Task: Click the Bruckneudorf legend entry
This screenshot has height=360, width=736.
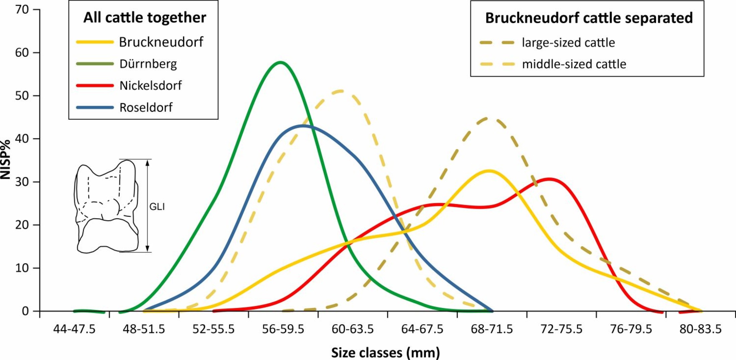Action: [161, 42]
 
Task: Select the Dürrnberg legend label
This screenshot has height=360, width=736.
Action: [148, 64]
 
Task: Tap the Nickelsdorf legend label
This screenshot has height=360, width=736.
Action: [151, 86]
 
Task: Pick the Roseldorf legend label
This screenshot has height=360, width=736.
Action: [146, 107]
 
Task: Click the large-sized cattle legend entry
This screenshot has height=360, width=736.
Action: [568, 43]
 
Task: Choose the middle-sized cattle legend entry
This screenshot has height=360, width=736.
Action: [574, 64]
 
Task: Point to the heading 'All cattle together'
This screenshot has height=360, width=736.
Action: [145, 18]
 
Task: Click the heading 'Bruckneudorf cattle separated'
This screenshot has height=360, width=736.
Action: [589, 18]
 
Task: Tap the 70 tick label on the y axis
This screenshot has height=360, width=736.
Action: [22, 10]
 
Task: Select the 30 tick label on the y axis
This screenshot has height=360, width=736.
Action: [22, 182]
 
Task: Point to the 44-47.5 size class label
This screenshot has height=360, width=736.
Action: [74, 330]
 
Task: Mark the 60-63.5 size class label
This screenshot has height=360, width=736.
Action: [353, 330]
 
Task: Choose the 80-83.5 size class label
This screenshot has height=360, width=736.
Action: [700, 330]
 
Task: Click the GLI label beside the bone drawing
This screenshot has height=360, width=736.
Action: [157, 207]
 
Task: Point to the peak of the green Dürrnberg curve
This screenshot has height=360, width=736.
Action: [280, 62]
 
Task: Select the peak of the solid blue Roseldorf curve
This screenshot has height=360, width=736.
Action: [303, 126]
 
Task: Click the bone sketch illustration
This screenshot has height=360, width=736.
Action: [106, 206]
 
